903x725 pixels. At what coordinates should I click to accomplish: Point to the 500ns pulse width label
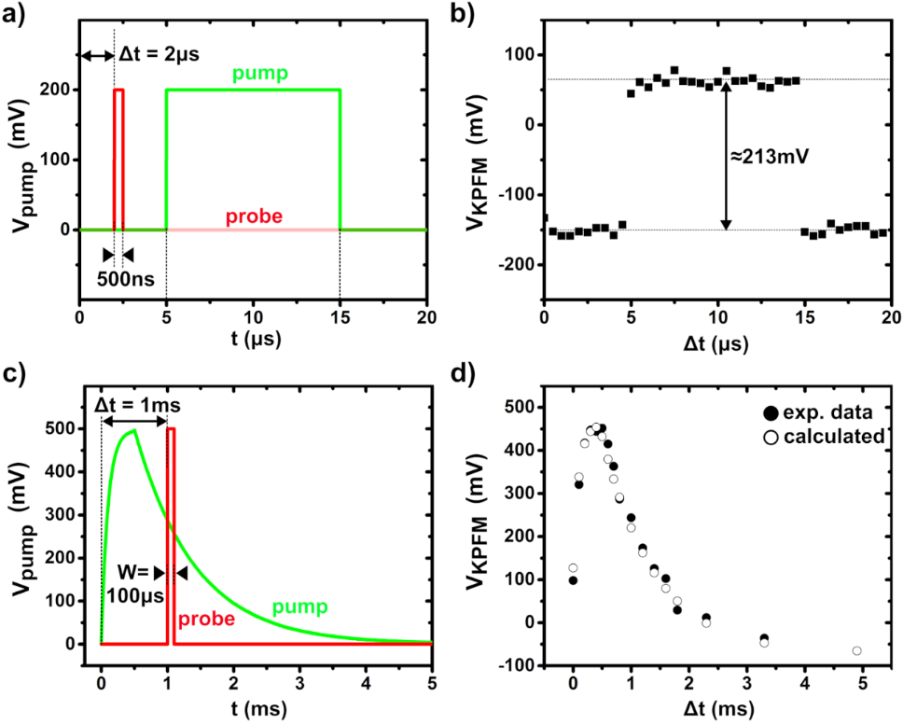click(126, 277)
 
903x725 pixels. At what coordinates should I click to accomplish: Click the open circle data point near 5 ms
click(856, 650)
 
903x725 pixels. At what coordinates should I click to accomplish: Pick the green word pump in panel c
click(301, 608)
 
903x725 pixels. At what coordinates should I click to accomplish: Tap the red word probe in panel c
click(206, 618)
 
